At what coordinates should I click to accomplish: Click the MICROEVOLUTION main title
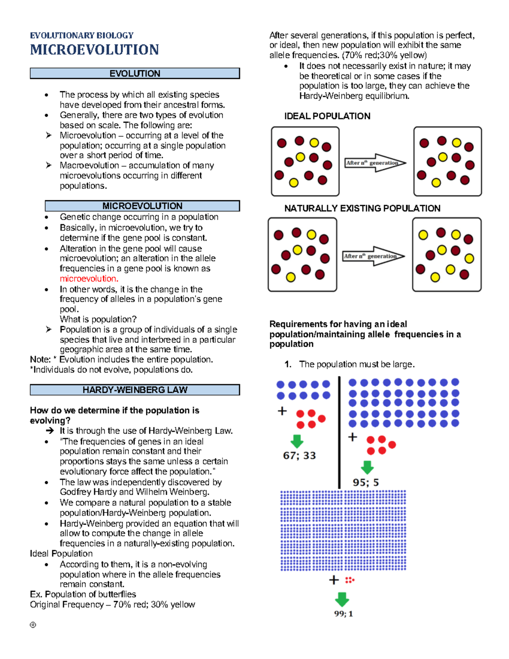[94, 50]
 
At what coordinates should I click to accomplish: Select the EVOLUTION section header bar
[135, 73]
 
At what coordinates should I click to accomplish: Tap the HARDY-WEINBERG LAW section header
[135, 390]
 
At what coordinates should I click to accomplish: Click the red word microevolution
[89, 279]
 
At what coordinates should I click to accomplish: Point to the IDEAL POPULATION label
[327, 116]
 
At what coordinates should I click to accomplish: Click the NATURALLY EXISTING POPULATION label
[362, 208]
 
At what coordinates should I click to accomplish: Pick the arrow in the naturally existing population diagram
[374, 256]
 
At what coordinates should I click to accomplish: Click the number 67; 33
[299, 455]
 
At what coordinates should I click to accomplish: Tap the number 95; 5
[366, 482]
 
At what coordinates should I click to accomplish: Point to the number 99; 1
[344, 614]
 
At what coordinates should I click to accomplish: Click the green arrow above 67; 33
[297, 441]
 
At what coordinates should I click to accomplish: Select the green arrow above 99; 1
[342, 599]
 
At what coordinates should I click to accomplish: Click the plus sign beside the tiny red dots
[334, 580]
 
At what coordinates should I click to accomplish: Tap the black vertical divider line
[339, 433]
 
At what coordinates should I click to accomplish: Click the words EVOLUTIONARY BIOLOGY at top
[81, 35]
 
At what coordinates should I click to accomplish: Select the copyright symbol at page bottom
[33, 625]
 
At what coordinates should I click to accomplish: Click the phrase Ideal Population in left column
[61, 554]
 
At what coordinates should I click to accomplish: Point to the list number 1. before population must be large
[288, 365]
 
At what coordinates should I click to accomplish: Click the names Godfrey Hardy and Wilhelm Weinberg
[134, 492]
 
